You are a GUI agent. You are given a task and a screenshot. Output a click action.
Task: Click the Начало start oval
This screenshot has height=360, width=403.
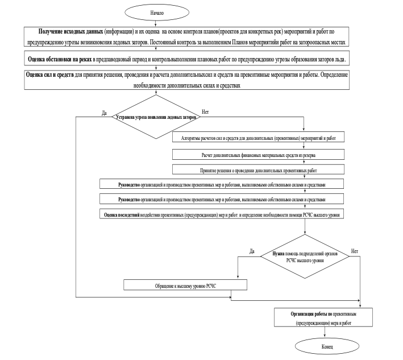pyautogui.click(x=157, y=13)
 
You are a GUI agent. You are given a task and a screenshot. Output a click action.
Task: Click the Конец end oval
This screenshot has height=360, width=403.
pyautogui.click(x=327, y=346)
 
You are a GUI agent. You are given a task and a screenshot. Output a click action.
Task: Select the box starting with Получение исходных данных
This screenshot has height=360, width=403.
pyautogui.click(x=186, y=36)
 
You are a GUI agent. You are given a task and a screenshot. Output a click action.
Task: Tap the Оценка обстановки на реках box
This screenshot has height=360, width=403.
pyautogui.click(x=187, y=59)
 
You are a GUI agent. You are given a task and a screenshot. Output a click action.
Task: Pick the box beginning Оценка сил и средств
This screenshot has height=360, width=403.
pyautogui.click(x=187, y=80)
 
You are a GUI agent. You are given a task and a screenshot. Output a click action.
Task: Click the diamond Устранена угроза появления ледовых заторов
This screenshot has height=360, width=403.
pyautogui.click(x=156, y=117)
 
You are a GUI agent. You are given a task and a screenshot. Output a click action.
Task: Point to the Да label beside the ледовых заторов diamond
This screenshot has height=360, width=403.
pyautogui.click(x=104, y=113)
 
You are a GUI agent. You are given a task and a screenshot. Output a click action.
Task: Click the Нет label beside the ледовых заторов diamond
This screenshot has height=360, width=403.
pyautogui.click(x=205, y=112)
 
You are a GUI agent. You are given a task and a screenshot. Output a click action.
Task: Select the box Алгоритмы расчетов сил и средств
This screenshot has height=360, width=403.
pyautogui.click(x=258, y=137)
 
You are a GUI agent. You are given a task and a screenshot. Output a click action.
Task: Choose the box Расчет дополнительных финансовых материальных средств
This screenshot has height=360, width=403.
pyautogui.click(x=258, y=155)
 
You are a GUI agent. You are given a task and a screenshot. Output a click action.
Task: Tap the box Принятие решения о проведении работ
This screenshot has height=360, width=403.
pyautogui.click(x=258, y=169)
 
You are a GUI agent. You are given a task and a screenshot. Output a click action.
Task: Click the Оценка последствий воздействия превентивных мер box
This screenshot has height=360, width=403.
pyautogui.click(x=222, y=214)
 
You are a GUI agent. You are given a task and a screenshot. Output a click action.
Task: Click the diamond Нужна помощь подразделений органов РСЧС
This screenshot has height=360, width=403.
pyautogui.click(x=305, y=256)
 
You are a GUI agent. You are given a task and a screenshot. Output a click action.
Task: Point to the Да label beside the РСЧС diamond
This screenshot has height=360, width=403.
pyautogui.click(x=252, y=251)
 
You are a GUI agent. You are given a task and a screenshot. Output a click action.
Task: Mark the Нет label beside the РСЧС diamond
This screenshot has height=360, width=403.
pyautogui.click(x=355, y=251)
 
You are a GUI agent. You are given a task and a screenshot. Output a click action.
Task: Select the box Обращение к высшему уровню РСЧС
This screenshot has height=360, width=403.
pyautogui.click(x=185, y=285)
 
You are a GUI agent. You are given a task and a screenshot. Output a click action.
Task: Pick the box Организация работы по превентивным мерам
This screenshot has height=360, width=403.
pyautogui.click(x=323, y=317)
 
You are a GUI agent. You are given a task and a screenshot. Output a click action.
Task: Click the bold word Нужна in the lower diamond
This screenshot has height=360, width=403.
pyautogui.click(x=279, y=254)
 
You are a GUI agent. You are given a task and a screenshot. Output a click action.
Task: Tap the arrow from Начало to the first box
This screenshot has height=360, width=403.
pyautogui.click(x=156, y=23)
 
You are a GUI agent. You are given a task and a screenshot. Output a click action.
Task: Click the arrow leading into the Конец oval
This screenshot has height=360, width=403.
pyautogui.click(x=325, y=332)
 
